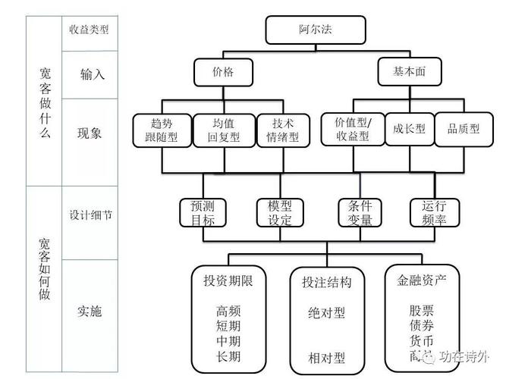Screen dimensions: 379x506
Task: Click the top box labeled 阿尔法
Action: pyautogui.click(x=316, y=30)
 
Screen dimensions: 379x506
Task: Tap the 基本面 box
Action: pyautogui.click(x=409, y=72)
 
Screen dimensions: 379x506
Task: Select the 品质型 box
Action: pyautogui.click(x=463, y=129)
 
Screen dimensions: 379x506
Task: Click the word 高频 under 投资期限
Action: pyautogui.click(x=228, y=311)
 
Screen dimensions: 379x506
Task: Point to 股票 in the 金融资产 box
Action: pyautogui.click(x=421, y=310)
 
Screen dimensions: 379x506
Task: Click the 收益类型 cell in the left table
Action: pyautogui.click(x=90, y=30)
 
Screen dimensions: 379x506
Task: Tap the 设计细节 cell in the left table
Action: pyautogui.click(x=90, y=215)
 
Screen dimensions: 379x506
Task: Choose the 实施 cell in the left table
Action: pyautogui.click(x=90, y=312)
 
